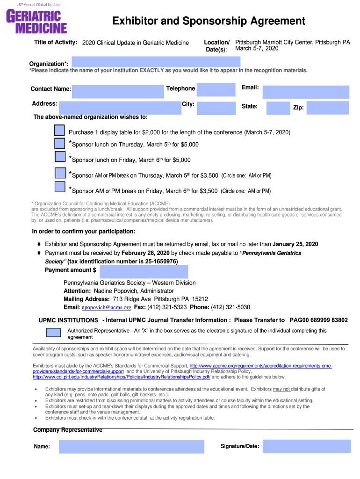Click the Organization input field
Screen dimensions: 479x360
click(156, 62)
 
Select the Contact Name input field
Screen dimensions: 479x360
click(118, 93)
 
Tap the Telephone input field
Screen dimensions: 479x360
click(216, 89)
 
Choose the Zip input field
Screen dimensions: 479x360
click(327, 108)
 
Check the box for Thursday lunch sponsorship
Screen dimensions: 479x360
click(59, 144)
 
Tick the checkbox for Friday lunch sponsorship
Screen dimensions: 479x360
click(60, 157)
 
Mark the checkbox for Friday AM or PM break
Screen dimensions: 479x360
click(59, 187)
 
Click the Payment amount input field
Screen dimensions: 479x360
click(144, 272)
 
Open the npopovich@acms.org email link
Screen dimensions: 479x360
click(106, 308)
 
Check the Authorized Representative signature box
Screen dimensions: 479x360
click(53, 333)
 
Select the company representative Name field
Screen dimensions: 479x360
click(131, 447)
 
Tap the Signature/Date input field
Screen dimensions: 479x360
click(306, 446)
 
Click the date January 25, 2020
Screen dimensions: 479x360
click(295, 244)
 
